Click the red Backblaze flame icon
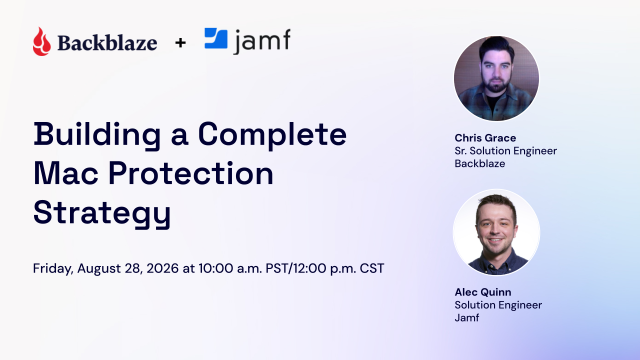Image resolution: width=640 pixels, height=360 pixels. click(42, 41)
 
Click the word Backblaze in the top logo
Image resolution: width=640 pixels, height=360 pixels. click(107, 43)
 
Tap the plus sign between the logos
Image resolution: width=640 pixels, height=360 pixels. click(180, 42)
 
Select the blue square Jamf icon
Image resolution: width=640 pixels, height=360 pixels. click(216, 38)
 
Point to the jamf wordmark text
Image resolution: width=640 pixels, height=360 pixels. click(262, 41)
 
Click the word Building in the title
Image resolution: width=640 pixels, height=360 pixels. click(97, 135)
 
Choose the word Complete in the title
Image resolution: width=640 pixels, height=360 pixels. click(272, 135)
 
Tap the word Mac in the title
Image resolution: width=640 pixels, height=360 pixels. click(66, 173)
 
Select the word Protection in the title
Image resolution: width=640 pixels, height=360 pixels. click(191, 173)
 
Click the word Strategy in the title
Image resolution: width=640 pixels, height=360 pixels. click(102, 214)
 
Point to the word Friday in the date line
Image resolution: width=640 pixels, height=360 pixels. click(53, 269)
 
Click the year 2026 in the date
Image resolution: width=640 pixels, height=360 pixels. click(162, 268)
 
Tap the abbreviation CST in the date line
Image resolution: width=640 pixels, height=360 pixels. click(372, 268)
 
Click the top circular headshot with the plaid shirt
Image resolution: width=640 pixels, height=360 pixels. click(496, 78)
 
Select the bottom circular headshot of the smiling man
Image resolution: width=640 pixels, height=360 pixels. click(496, 232)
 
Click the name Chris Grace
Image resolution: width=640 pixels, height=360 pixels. click(485, 138)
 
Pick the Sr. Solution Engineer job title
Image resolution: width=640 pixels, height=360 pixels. click(506, 151)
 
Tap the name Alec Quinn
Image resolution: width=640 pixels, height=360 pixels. click(483, 292)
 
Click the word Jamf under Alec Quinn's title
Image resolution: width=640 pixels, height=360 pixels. click(467, 318)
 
